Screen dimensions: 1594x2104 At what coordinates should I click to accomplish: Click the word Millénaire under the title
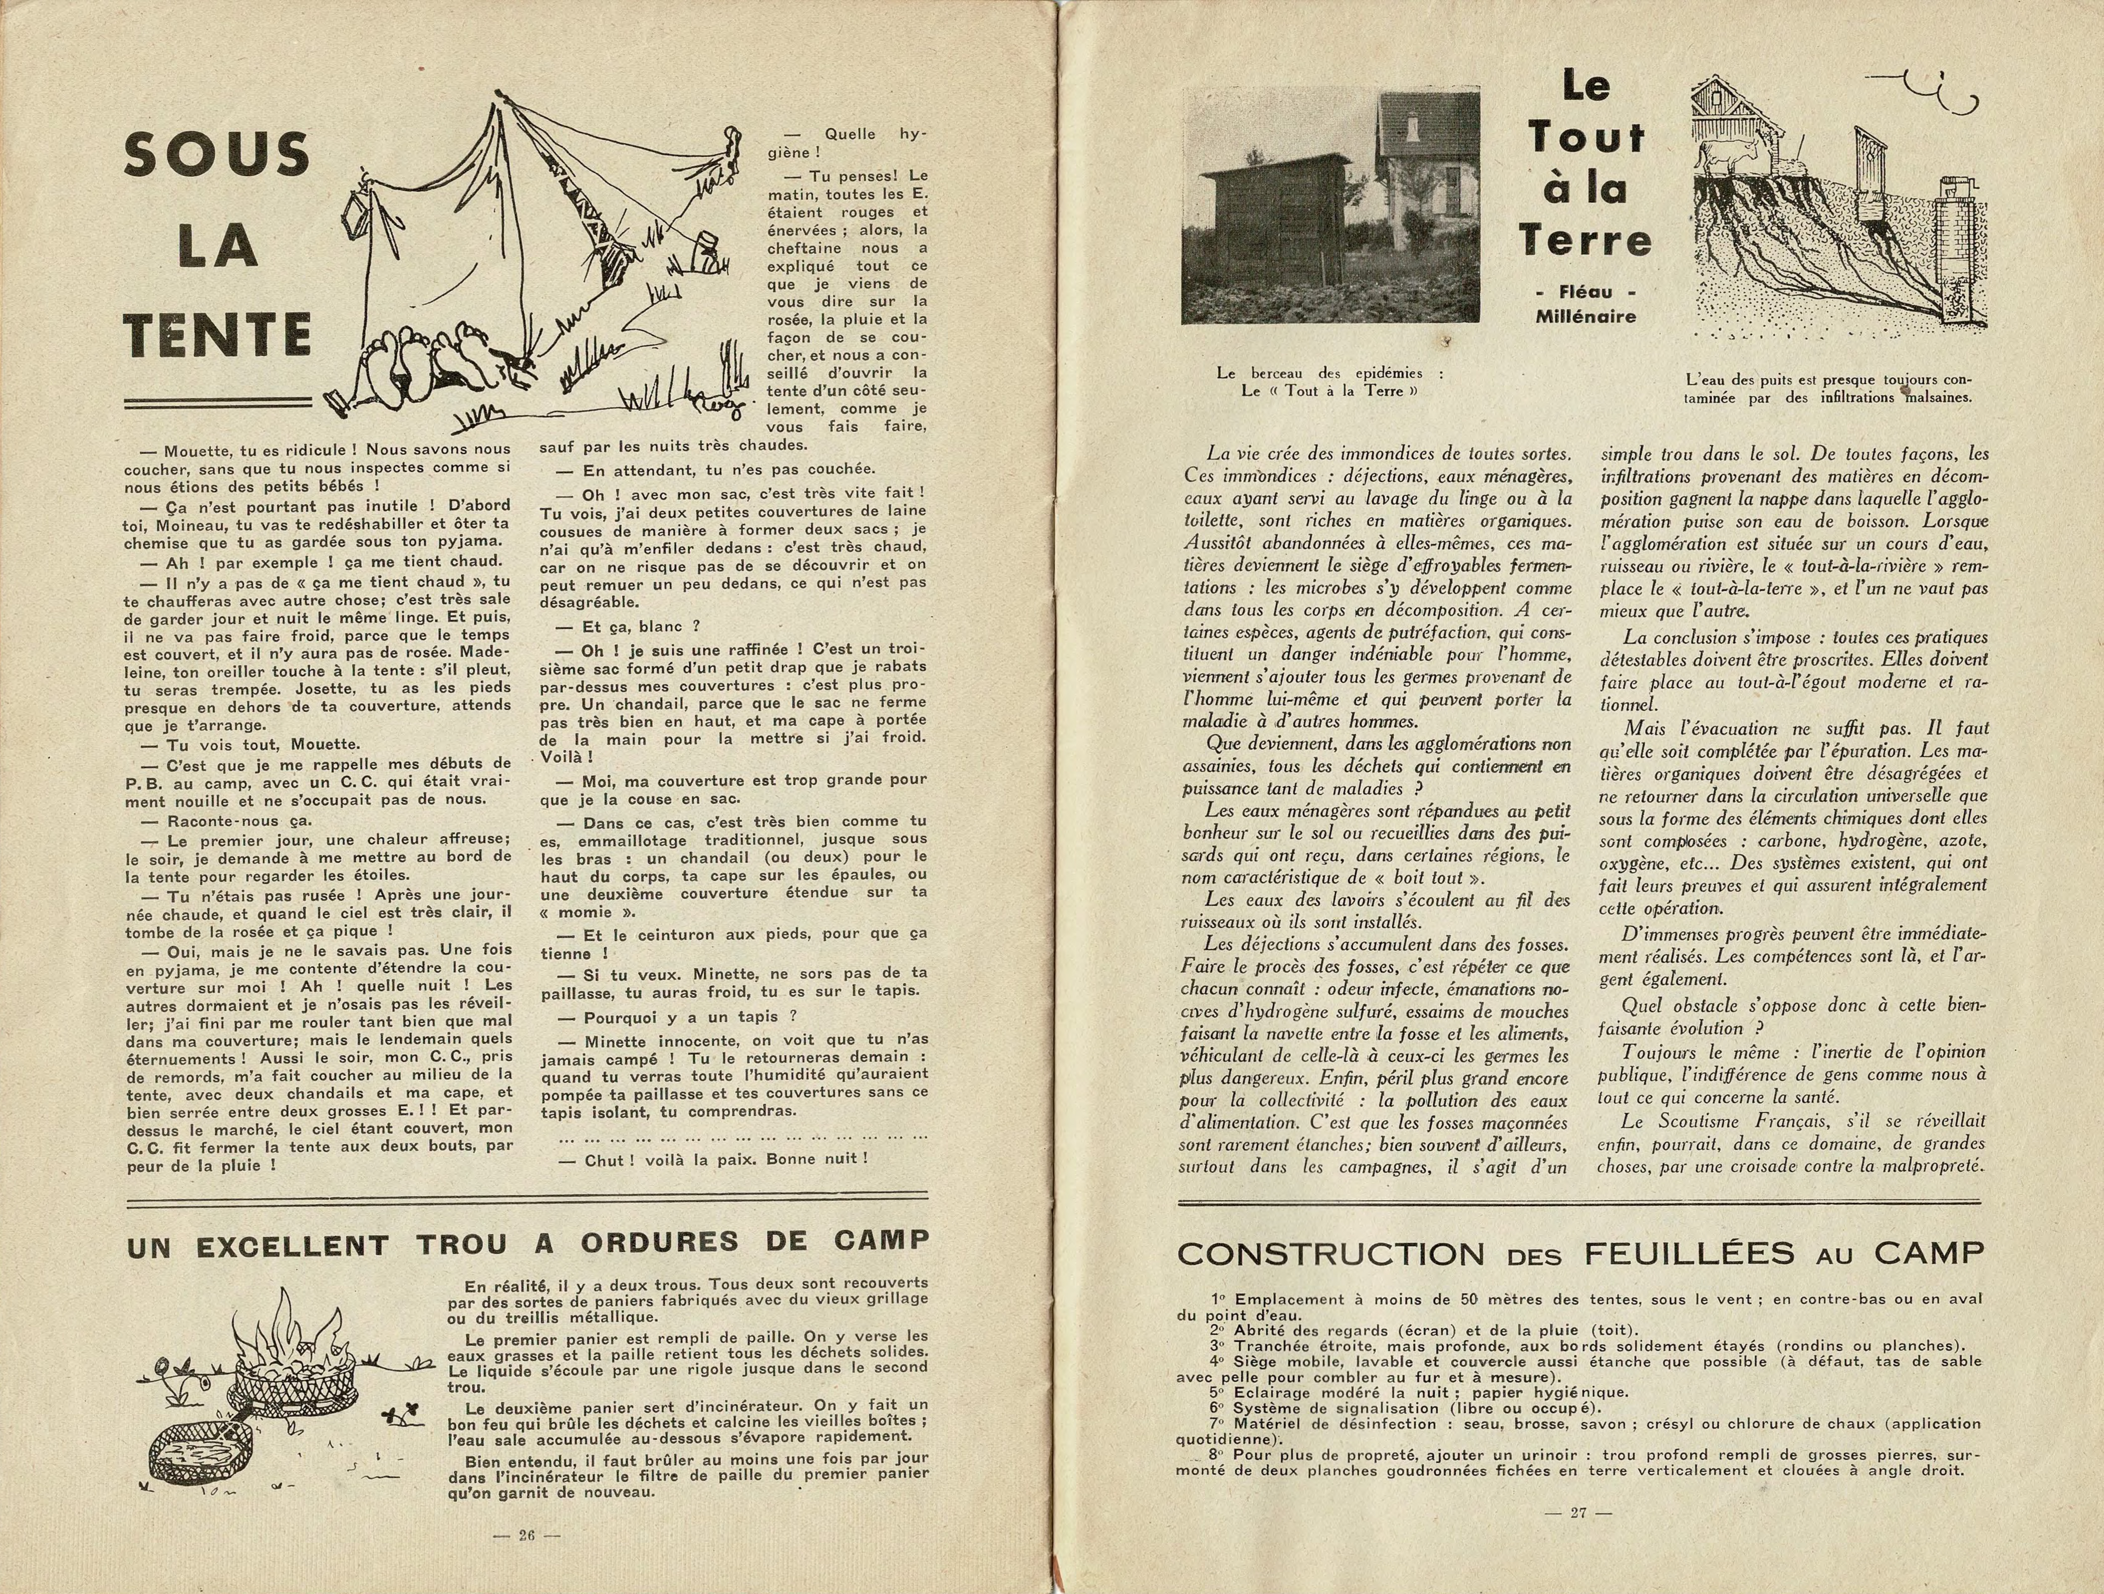(x=1586, y=317)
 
